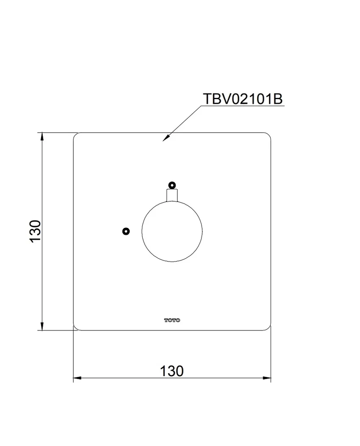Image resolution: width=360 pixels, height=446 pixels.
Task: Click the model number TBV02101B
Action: (x=243, y=99)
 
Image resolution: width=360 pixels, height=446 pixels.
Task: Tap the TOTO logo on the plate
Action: (x=172, y=320)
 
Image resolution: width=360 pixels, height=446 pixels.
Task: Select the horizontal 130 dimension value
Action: (x=172, y=371)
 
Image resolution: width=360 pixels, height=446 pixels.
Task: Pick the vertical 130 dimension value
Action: (x=36, y=231)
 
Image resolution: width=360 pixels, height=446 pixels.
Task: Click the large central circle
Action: (x=142, y=231)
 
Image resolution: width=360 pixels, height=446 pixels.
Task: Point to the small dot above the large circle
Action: (x=172, y=185)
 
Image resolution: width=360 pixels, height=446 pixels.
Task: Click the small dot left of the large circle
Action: (x=126, y=231)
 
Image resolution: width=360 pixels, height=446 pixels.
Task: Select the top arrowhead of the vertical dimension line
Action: (x=42, y=136)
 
